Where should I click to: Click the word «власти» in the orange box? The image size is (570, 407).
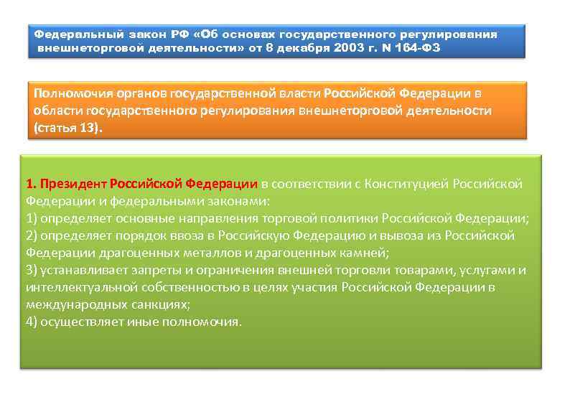[301, 94]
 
